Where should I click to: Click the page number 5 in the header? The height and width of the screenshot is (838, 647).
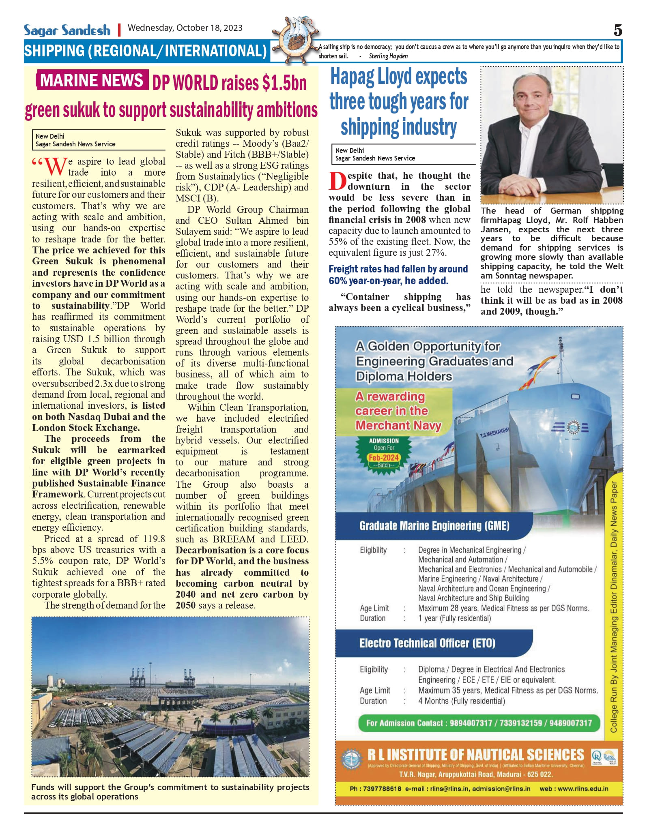(618, 30)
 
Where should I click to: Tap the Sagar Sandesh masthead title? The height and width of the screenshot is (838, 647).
(67, 30)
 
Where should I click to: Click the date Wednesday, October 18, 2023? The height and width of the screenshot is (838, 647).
(185, 28)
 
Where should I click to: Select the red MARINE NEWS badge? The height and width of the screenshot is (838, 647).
(92, 80)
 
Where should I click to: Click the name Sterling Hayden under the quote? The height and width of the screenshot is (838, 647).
(388, 56)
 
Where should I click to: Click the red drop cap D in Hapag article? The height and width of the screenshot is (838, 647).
(337, 181)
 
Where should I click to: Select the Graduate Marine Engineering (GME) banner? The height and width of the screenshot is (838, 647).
(434, 526)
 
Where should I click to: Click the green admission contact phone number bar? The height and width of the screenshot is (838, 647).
(479, 723)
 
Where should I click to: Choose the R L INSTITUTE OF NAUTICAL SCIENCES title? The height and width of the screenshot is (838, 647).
(475, 755)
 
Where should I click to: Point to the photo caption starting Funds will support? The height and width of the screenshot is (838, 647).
(170, 792)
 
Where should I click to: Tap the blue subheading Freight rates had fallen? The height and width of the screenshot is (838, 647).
(398, 274)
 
